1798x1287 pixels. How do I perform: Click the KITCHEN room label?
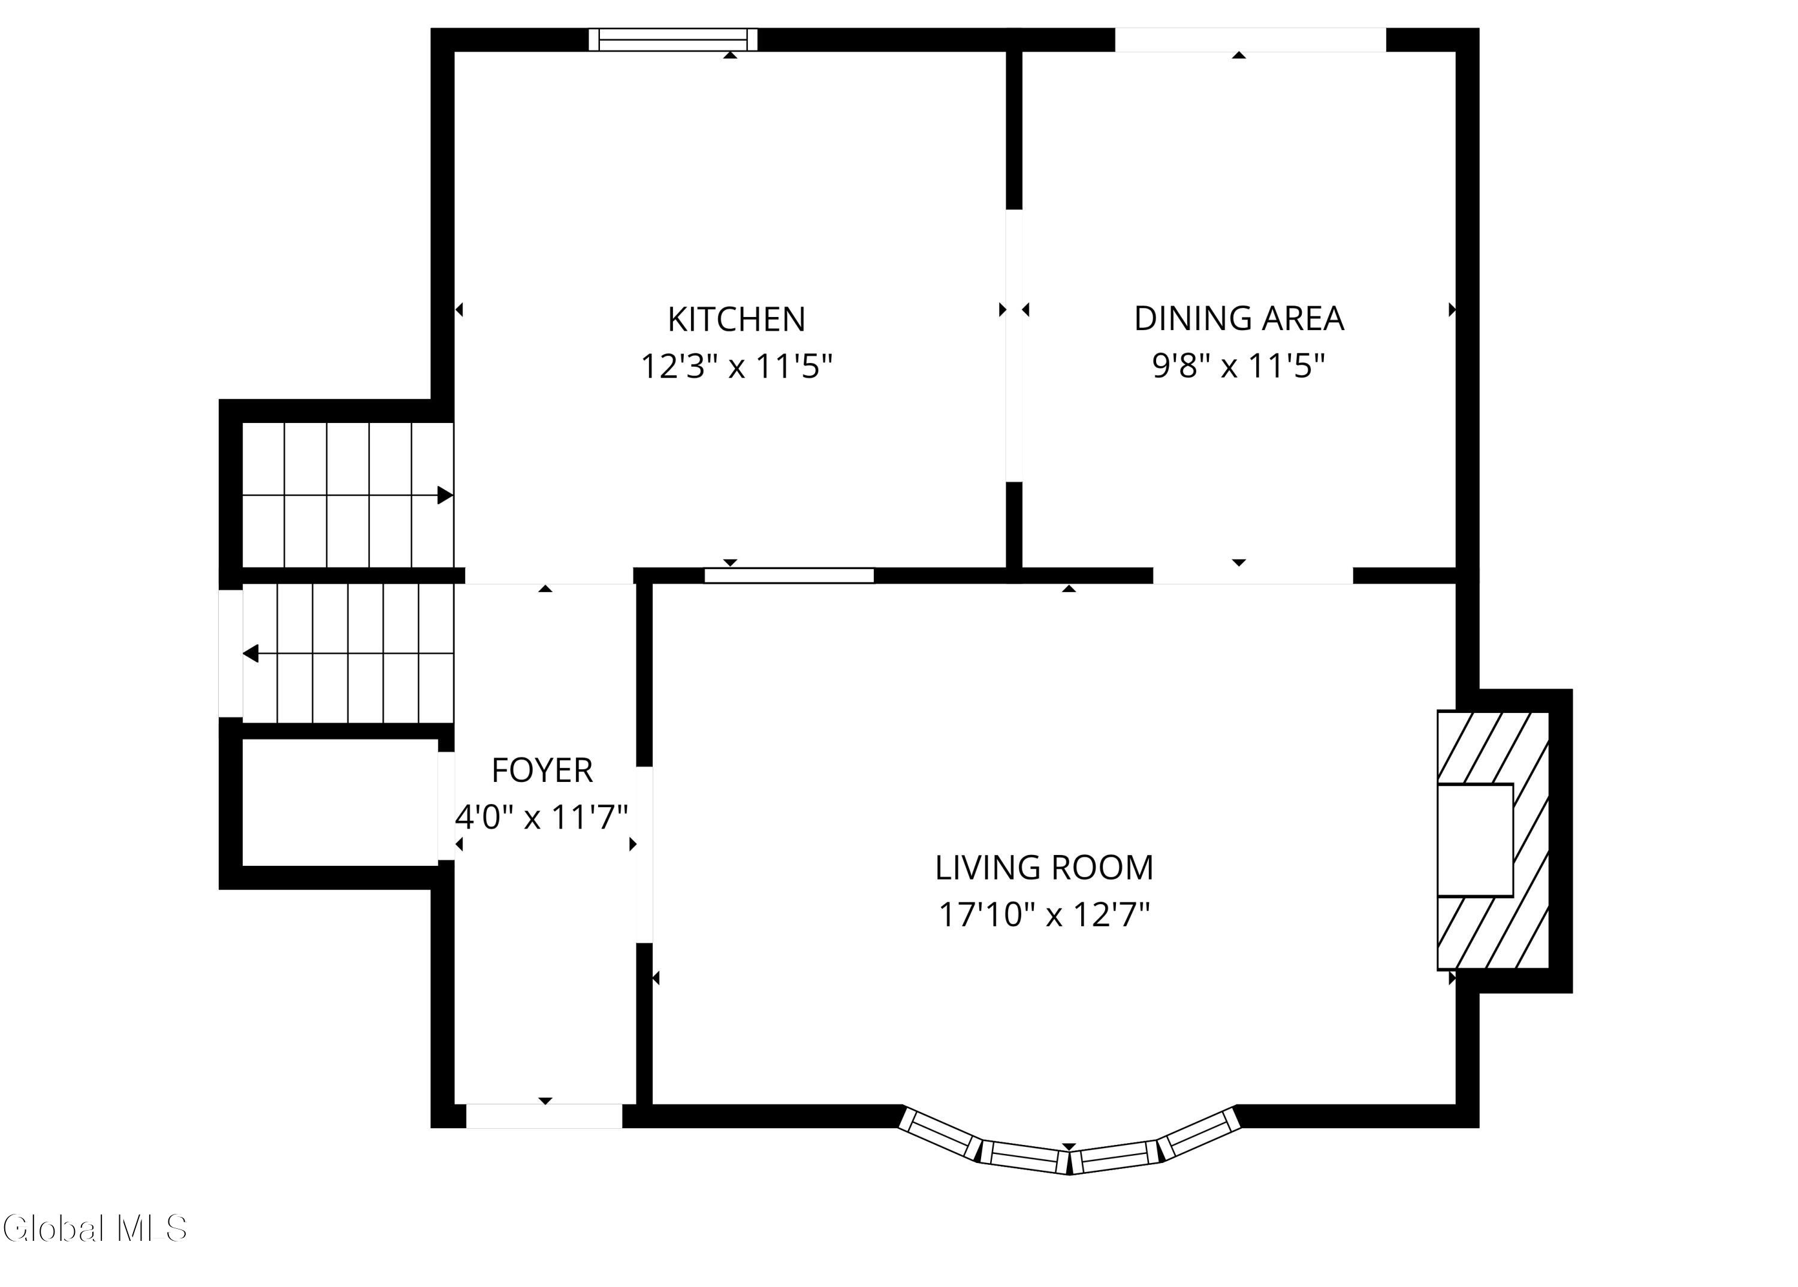click(x=737, y=319)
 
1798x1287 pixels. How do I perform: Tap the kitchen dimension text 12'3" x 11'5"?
click(x=737, y=367)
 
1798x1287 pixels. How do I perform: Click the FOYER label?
click(x=542, y=771)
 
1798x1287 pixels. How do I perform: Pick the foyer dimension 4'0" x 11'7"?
click(x=542, y=817)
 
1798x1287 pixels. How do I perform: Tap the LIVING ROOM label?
click(x=1044, y=868)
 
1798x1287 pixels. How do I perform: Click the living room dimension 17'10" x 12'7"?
click(x=1044, y=916)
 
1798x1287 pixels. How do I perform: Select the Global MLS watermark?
click(x=94, y=1228)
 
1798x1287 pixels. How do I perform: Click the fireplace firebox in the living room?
click(x=1476, y=840)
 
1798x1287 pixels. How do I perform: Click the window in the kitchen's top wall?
click(x=673, y=40)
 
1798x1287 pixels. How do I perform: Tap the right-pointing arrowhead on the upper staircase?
click(x=445, y=496)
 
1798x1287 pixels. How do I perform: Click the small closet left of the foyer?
click(x=340, y=803)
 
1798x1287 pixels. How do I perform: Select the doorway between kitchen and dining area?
click(x=1014, y=346)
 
